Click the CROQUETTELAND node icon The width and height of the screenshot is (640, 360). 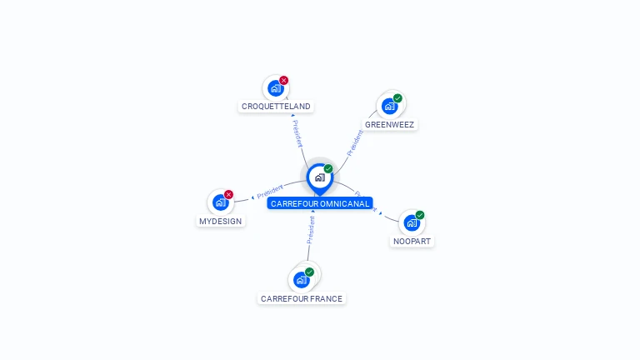click(275, 88)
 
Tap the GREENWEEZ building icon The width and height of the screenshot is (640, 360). click(389, 106)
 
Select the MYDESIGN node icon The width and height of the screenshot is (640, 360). click(220, 202)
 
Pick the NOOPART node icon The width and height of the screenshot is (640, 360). click(412, 222)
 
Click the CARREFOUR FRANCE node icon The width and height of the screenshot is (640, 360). click(301, 279)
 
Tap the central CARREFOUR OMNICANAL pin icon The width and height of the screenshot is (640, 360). click(319, 177)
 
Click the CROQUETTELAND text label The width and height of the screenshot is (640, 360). click(276, 107)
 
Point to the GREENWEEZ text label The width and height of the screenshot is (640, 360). click(389, 125)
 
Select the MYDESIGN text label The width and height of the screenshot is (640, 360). click(220, 222)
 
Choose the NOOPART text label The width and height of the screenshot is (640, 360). click(412, 242)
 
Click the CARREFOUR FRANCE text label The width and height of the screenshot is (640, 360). click(301, 298)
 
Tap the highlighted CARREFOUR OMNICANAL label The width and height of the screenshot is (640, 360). click(320, 203)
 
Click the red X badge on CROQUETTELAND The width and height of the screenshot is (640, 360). click(284, 81)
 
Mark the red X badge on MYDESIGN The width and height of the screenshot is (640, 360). click(229, 194)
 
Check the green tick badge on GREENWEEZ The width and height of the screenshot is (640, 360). click(398, 98)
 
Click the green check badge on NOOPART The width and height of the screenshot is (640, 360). click(420, 215)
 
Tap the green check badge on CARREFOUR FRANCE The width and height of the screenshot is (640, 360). click(310, 272)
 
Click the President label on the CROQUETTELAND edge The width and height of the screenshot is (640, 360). click(297, 133)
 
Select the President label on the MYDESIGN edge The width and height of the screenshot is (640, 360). click(270, 190)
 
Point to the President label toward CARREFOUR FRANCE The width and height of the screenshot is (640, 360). click(311, 229)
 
